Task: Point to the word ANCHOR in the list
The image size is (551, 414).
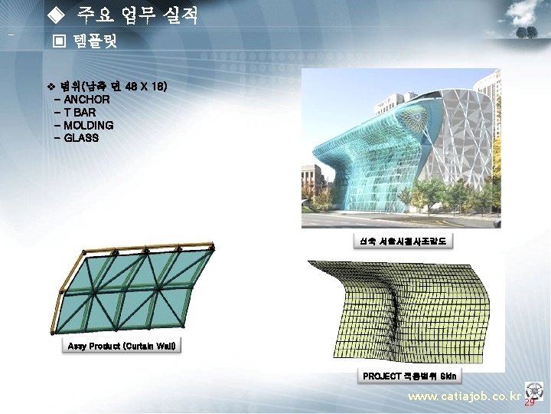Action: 86,100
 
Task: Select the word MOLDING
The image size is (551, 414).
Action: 89,125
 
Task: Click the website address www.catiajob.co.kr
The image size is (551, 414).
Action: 464,397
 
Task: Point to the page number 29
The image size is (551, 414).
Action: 530,402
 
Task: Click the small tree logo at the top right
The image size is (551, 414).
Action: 526,33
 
